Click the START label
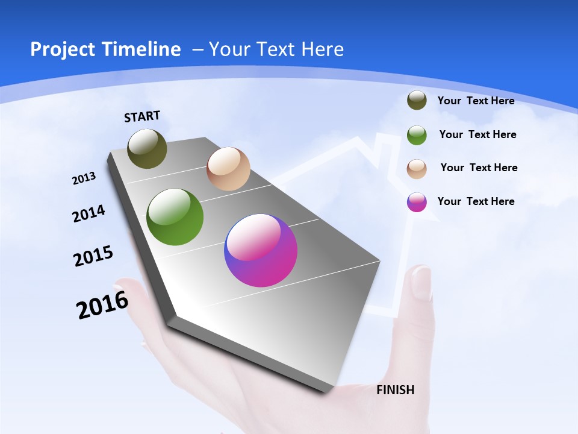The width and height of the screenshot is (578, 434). point(142,116)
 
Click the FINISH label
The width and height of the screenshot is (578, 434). point(395,390)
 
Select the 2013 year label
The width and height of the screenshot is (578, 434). point(84,178)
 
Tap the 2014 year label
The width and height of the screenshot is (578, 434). point(89,214)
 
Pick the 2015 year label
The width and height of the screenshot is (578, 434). point(93,256)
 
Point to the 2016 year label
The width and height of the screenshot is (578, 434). point(102,305)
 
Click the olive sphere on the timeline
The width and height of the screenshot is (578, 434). point(147,148)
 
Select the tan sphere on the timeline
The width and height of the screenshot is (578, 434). point(228,169)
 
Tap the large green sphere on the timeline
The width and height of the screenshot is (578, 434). point(175,217)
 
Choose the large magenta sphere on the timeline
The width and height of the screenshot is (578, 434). point(261,250)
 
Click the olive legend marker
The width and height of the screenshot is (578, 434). point(417,101)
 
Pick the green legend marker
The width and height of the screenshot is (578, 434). point(417,135)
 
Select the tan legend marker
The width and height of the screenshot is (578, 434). point(417,169)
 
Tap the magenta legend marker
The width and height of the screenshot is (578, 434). point(417,202)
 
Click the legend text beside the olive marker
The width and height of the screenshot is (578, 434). point(476,101)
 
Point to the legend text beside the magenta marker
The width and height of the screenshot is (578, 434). point(476,201)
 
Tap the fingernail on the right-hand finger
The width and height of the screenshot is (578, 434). point(421,282)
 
